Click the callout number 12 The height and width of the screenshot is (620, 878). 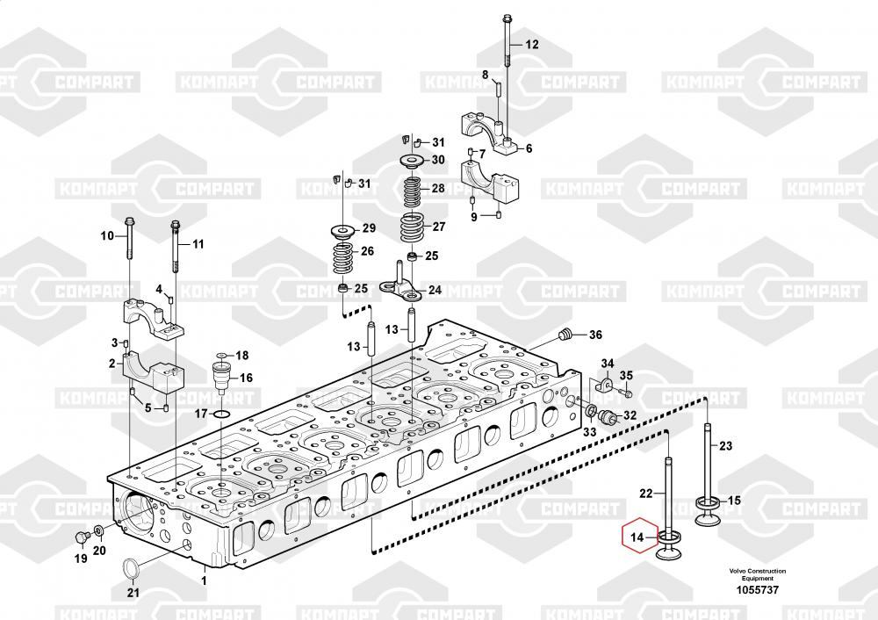click(531, 44)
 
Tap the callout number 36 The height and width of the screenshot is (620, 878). click(595, 335)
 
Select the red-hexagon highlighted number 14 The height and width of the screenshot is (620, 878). click(637, 537)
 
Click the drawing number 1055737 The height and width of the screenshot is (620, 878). click(757, 590)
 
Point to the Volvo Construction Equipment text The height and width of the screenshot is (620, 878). click(757, 574)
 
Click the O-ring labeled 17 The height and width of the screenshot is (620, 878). click(222, 415)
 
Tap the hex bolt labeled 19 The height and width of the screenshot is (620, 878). click(81, 537)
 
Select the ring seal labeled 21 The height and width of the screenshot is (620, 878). click(131, 568)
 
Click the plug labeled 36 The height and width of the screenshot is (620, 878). click(565, 335)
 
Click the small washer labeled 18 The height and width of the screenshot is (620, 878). click(222, 356)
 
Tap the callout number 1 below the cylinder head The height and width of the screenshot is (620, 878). click(204, 580)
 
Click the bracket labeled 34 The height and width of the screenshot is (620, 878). click(605, 385)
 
